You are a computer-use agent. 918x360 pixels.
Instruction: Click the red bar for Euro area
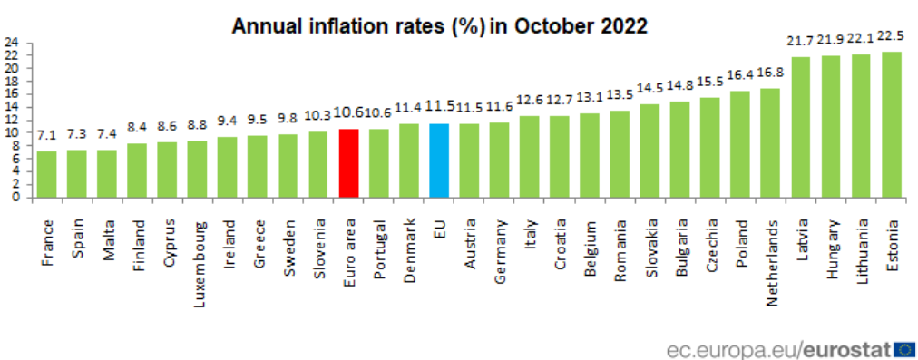point(348,163)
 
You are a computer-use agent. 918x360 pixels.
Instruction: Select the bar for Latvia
point(801,127)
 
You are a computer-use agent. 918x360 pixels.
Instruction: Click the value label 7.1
point(46,136)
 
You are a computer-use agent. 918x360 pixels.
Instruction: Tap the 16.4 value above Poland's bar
point(740,76)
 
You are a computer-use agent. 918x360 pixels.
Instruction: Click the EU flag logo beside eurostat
point(903,348)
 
